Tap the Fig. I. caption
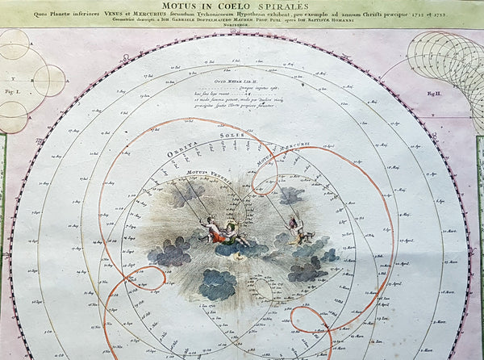(10, 94)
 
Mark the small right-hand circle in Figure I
(49, 80)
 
